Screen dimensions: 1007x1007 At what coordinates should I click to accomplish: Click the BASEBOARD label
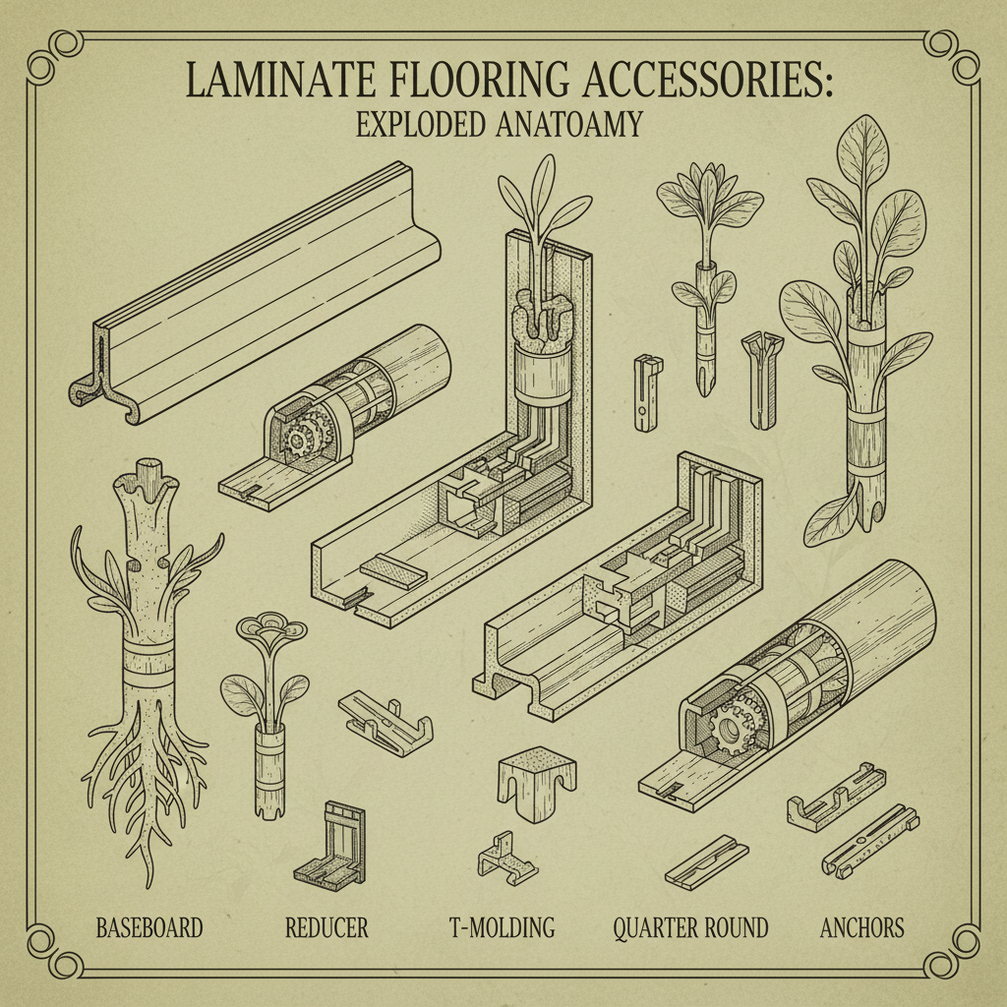click(149, 926)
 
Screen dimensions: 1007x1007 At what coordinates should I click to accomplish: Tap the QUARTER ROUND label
click(689, 926)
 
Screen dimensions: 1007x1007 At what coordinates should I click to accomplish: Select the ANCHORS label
click(862, 926)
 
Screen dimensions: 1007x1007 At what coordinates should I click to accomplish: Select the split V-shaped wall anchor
click(765, 379)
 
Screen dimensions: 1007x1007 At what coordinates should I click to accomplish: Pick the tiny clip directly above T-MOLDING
click(506, 856)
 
